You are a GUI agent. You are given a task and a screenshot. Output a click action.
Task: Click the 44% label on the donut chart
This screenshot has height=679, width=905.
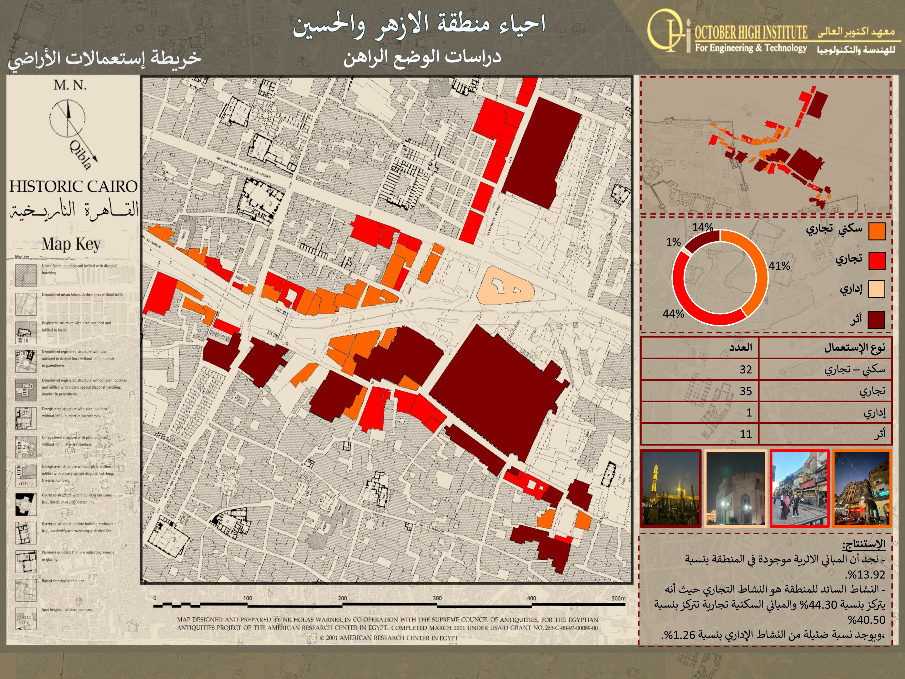(673, 314)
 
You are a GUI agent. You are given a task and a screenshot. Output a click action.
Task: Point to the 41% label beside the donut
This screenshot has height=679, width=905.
(779, 266)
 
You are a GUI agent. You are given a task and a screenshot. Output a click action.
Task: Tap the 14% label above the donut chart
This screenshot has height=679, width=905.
(702, 227)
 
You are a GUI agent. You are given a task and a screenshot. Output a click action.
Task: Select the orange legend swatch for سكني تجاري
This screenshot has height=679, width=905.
(876, 231)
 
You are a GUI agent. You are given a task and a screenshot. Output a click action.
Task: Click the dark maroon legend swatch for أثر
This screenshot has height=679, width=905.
(876, 320)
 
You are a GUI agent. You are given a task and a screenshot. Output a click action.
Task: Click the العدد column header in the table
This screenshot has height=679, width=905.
(740, 348)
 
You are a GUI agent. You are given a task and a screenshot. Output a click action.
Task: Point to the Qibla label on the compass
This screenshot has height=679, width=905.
(80, 155)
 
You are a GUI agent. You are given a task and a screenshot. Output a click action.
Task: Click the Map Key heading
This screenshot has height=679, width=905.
(71, 244)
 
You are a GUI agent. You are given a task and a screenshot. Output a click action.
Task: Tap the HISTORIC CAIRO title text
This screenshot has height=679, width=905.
(73, 187)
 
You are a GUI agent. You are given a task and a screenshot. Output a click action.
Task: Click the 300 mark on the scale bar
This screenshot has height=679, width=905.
(437, 598)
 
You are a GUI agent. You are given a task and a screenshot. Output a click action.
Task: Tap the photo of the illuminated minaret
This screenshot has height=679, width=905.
(671, 488)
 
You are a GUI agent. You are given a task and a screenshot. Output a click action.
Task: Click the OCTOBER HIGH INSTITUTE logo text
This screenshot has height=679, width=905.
(751, 32)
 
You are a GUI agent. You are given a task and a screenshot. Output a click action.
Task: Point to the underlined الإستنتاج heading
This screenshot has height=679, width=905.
(863, 544)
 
